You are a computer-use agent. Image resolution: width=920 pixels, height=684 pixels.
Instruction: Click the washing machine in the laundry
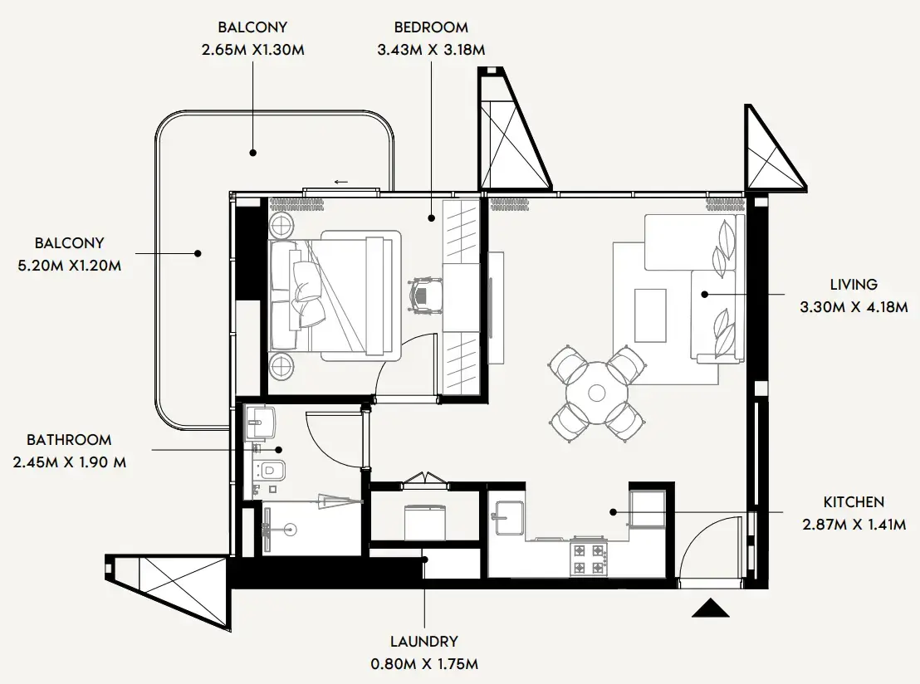pos(425,520)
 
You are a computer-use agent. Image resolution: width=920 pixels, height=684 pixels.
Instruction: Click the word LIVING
pos(847,285)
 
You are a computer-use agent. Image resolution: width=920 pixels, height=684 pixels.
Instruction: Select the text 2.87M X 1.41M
pos(854,525)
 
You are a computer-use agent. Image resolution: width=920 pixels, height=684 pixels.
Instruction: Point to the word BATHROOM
pos(69,440)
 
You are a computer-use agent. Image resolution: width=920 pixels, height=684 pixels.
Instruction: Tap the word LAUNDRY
pos(424,642)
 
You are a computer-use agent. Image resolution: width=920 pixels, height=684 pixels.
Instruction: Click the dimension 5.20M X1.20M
pos(70,266)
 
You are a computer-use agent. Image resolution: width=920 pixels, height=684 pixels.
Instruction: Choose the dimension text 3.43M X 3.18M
pos(431,49)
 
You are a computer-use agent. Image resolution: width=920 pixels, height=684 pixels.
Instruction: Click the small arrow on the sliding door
pos(340,182)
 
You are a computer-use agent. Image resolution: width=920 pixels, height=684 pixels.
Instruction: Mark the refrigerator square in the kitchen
pos(647,508)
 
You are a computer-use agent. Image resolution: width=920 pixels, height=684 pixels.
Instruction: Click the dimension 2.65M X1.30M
pos(253,49)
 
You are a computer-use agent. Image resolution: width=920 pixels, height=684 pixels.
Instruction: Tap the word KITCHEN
pos(854,502)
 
